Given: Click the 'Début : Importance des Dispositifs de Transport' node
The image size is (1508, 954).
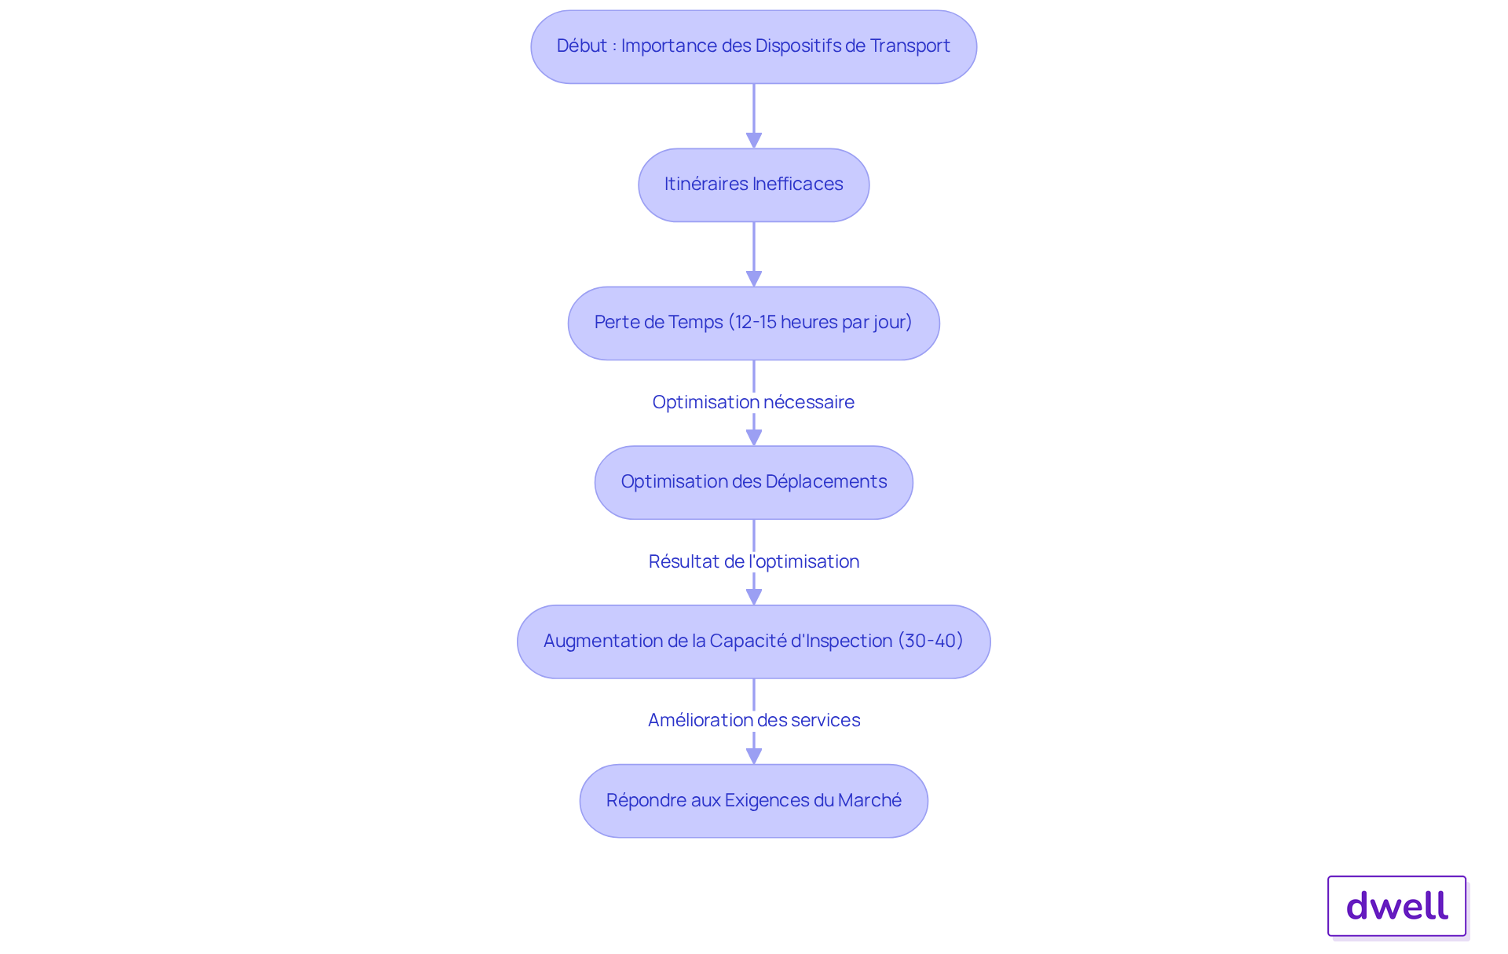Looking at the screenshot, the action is point(754,47).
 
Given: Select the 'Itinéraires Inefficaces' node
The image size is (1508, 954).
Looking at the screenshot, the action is point(754,185).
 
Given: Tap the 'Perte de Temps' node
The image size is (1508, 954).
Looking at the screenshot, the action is point(754,323).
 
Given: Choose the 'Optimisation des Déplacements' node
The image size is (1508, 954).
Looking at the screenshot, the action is point(754,483).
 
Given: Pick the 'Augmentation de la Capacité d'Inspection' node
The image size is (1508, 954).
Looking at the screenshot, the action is point(754,641).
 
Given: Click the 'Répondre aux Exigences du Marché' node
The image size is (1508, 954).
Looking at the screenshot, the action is point(754,801).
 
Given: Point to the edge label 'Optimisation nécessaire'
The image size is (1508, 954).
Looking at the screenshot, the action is point(753,402).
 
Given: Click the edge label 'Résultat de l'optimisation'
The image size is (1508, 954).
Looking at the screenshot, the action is point(754,561).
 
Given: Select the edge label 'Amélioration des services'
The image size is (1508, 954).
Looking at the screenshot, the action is point(754,720).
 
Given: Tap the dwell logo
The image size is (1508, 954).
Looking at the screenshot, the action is point(1397,906).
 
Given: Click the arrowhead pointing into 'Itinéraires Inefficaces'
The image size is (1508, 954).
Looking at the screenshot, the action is point(754,141).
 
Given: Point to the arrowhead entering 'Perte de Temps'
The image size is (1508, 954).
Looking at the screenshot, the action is point(754,279).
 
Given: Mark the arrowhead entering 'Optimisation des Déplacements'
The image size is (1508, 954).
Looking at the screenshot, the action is point(754,438).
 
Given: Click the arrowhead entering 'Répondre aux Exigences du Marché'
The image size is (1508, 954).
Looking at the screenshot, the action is point(754,756).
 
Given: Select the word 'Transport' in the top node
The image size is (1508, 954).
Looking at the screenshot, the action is point(910,46).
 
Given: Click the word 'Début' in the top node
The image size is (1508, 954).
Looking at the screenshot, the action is point(582,46).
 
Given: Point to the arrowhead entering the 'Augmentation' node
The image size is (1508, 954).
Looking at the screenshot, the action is point(754,597).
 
